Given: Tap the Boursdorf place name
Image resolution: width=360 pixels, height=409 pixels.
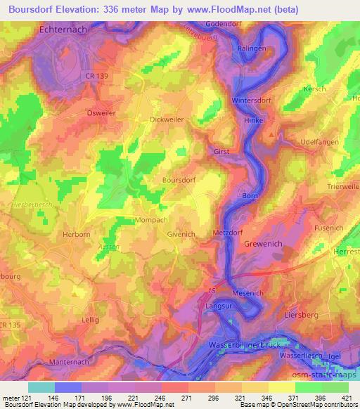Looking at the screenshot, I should (x=179, y=180).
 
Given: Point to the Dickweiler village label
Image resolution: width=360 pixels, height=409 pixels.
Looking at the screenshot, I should (x=167, y=119).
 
